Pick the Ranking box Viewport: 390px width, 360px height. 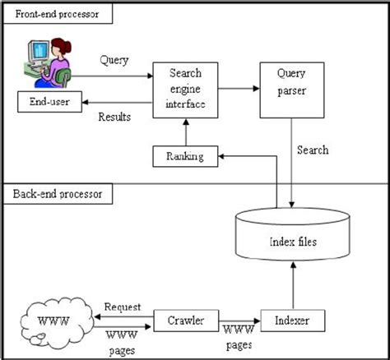tap(185, 155)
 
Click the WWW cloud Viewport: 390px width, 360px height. tap(55, 319)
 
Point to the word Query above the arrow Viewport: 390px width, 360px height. tap(114, 60)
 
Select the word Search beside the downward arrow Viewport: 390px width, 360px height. tap(313, 150)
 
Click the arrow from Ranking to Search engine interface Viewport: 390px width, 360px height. tap(185, 131)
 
